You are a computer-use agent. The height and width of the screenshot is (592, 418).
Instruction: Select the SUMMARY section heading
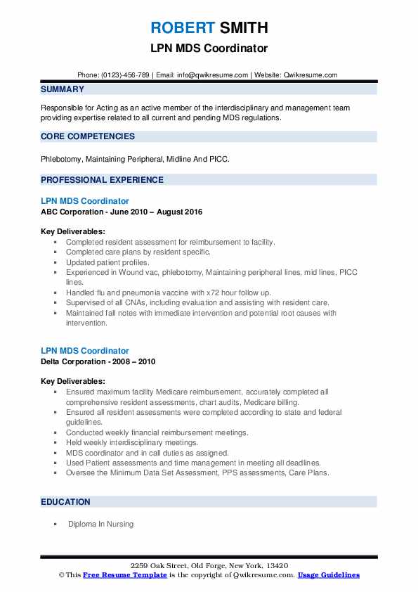click(x=63, y=89)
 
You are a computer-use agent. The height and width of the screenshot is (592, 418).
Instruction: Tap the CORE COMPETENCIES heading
click(x=87, y=136)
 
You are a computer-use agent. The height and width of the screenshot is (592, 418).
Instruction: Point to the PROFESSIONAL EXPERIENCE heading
click(x=102, y=179)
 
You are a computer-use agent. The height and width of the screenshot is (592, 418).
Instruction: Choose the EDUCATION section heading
click(x=65, y=501)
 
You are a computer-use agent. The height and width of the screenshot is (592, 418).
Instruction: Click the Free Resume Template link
click(x=125, y=574)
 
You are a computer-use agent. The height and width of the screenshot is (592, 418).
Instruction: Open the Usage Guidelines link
click(x=328, y=574)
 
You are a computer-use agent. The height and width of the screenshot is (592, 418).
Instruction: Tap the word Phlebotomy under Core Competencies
click(x=61, y=158)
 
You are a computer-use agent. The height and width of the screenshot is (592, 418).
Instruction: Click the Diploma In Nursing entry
click(x=100, y=524)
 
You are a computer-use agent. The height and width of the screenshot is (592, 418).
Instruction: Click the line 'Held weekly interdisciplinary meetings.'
click(x=132, y=442)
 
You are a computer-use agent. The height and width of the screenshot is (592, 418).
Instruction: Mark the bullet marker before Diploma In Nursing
click(x=54, y=524)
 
